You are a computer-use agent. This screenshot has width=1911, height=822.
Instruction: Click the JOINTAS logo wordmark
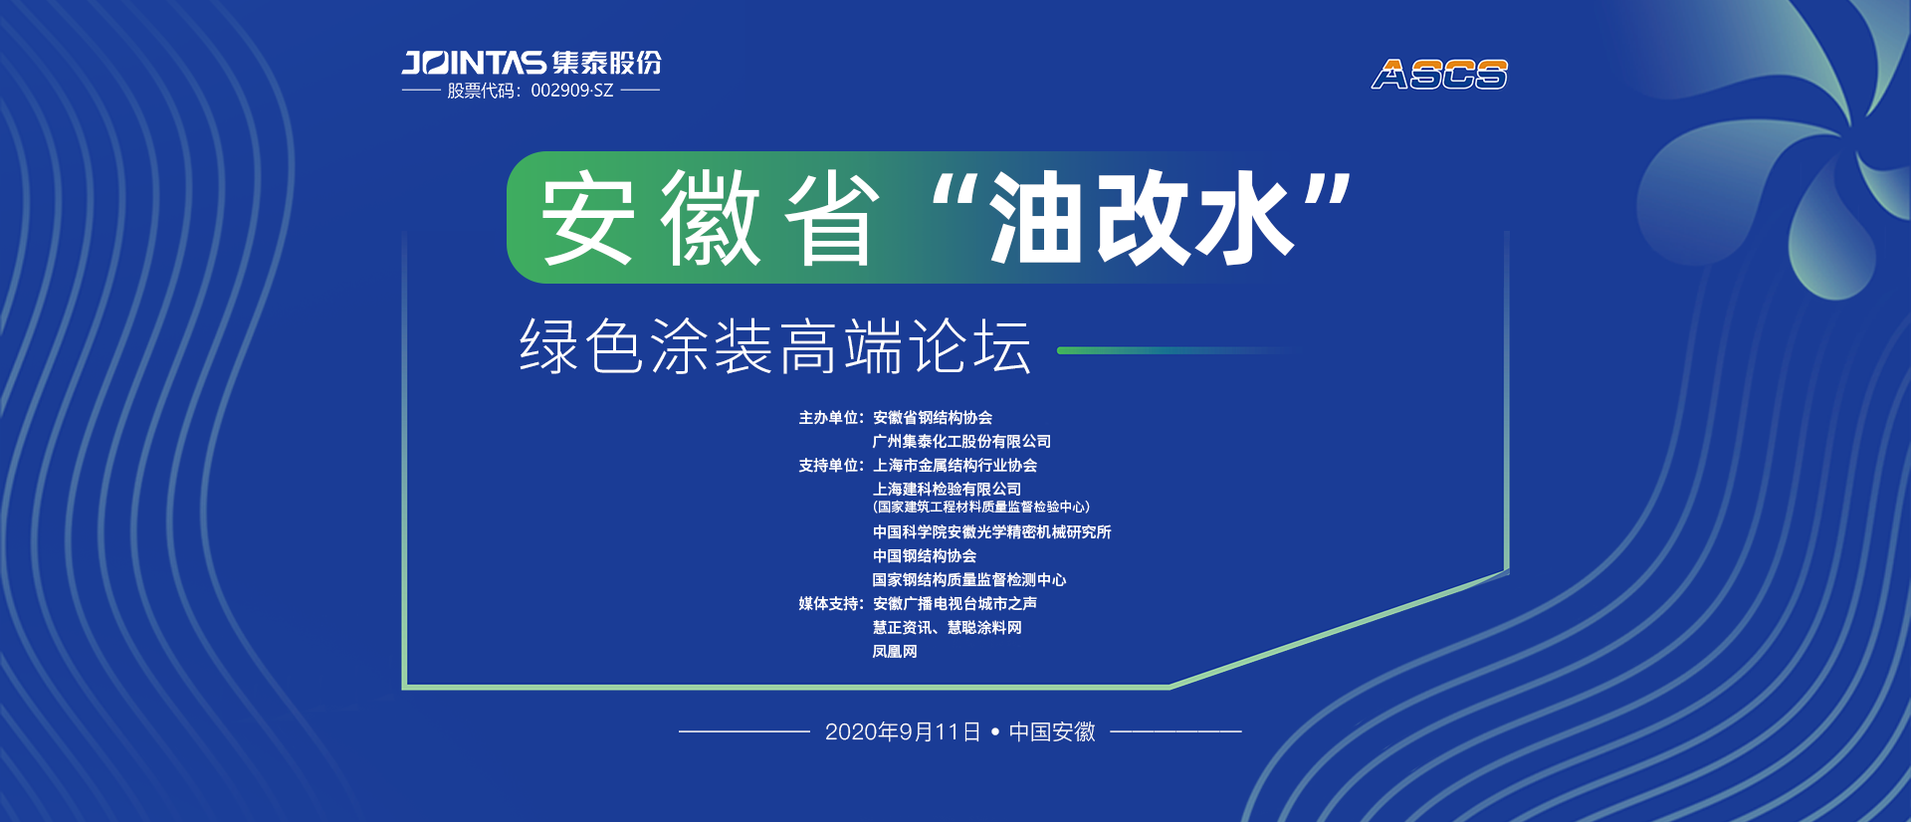pyautogui.click(x=474, y=63)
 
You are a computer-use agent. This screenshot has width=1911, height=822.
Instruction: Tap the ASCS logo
pyautogui.click(x=1439, y=75)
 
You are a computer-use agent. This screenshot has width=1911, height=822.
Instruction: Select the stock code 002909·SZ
pyautogui.click(x=571, y=91)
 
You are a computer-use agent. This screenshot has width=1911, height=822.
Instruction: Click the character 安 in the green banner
pyautogui.click(x=587, y=218)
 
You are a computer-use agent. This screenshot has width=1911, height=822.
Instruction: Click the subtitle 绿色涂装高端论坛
pyautogui.click(x=775, y=346)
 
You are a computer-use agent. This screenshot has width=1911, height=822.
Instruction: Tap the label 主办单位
pyautogui.click(x=828, y=418)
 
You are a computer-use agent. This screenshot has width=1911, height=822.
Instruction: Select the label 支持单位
pyautogui.click(x=828, y=466)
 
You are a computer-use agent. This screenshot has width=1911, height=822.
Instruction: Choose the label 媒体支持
pyautogui.click(x=828, y=604)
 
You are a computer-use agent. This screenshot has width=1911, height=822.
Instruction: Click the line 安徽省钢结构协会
pyautogui.click(x=933, y=418)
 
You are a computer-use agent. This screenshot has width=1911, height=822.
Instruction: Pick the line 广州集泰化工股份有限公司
pyautogui.click(x=961, y=442)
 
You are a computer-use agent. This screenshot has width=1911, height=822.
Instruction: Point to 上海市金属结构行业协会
pyautogui.click(x=955, y=466)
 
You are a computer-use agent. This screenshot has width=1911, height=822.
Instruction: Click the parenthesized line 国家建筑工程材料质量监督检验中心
pyautogui.click(x=981, y=508)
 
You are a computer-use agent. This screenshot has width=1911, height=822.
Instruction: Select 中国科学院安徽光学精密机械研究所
pyautogui.click(x=992, y=532)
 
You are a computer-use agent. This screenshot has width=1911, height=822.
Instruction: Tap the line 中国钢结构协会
pyautogui.click(x=925, y=556)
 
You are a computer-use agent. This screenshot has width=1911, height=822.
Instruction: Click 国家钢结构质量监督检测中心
pyautogui.click(x=969, y=580)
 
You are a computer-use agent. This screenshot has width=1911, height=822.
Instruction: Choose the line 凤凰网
pyautogui.click(x=895, y=652)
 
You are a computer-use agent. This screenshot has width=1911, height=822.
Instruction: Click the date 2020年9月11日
pyautogui.click(x=903, y=732)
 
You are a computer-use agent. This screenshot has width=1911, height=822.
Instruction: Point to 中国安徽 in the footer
pyautogui.click(x=1052, y=732)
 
